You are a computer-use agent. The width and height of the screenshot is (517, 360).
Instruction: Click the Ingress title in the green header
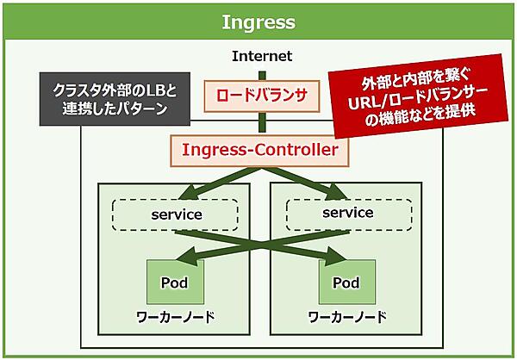coord(258,22)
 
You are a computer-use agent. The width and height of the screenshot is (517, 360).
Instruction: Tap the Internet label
coord(262,56)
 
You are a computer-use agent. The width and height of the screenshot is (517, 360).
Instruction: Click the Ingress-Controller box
coord(260,150)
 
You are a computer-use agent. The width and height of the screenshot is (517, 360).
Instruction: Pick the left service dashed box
coord(176,214)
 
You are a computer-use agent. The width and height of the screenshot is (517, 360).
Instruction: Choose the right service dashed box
coord(347,213)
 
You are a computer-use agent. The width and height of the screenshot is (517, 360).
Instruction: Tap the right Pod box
coord(346,282)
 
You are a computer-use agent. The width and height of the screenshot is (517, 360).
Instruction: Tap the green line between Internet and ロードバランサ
coord(262,74)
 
